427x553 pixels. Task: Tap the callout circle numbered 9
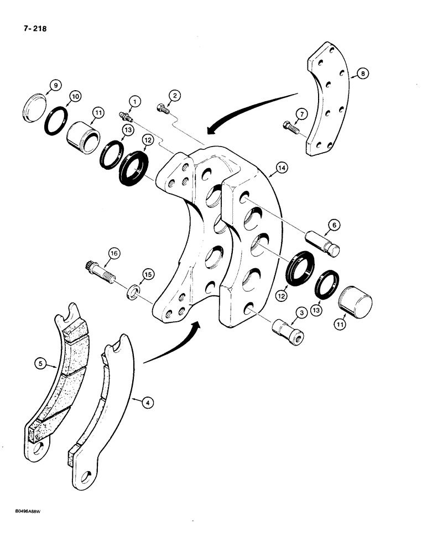pos(55,86)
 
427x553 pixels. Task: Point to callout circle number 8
pos(363,72)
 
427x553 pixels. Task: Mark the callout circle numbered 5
pos(39,363)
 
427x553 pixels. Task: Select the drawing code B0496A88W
pos(24,512)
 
